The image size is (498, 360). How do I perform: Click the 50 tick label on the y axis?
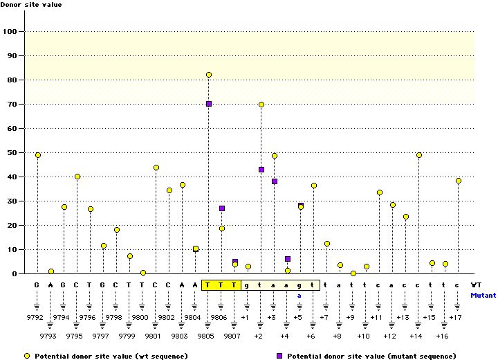[12, 152]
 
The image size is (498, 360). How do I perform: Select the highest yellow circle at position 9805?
[208, 75]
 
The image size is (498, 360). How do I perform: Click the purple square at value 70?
[208, 104]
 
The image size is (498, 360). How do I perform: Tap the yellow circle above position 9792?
[37, 155]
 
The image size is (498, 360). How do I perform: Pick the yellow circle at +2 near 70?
[261, 105]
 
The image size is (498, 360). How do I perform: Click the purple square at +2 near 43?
[261, 170]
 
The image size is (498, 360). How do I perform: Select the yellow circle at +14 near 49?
[419, 155]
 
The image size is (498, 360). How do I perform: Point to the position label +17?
[455, 316]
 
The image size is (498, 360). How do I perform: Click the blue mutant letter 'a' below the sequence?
[300, 295]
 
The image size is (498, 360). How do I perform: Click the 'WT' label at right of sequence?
[477, 285]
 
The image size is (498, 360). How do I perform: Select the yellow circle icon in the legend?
[28, 355]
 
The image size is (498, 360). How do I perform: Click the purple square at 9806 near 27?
[222, 208]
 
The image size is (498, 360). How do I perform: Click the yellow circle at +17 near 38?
[459, 181]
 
